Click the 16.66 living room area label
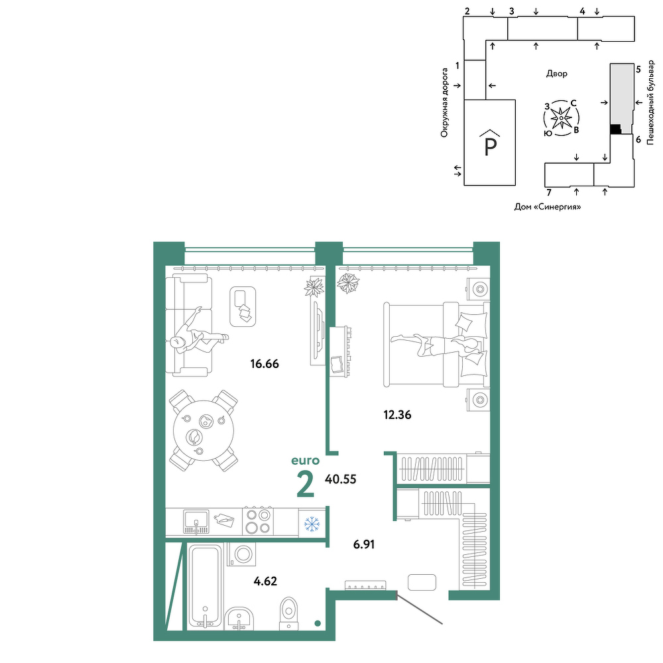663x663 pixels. [265, 363]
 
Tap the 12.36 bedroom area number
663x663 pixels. [397, 415]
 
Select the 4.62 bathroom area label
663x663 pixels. [265, 581]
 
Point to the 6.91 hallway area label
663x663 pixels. [363, 544]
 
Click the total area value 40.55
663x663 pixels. [340, 479]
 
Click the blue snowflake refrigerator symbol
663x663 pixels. [312, 524]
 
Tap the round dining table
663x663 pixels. [204, 431]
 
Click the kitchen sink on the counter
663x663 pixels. [196, 522]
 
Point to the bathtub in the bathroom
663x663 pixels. [205, 585]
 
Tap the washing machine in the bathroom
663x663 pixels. [242, 554]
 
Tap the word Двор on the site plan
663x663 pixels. [556, 74]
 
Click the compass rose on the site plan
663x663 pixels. [561, 118]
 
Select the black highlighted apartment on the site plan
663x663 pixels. [616, 129]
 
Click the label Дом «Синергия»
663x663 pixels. [548, 207]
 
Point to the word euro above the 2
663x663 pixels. [305, 460]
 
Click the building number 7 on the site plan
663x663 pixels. [549, 193]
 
